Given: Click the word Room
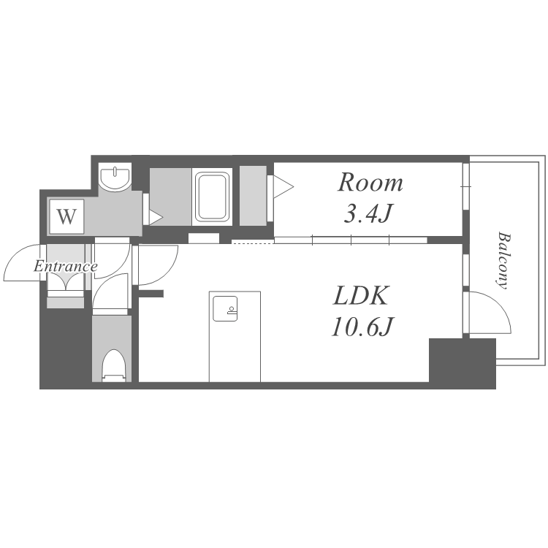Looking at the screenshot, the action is [x=370, y=183].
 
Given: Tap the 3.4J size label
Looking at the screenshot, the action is [x=368, y=213].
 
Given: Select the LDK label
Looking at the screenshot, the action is [x=361, y=296].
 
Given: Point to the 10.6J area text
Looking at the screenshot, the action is [x=362, y=326].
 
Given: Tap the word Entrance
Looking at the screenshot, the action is [x=65, y=267].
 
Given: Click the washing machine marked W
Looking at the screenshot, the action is [x=66, y=217].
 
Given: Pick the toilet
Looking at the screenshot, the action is [x=113, y=365].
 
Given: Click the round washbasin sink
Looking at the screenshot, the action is [x=115, y=178].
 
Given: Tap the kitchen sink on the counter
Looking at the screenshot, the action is [x=225, y=308].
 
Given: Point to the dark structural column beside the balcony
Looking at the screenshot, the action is [x=462, y=362].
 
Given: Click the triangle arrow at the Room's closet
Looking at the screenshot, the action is [x=283, y=186].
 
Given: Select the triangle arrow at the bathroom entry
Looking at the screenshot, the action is [x=156, y=217].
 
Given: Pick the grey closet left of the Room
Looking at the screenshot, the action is [x=253, y=196].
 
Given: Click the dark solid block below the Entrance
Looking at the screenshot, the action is [x=66, y=348].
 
